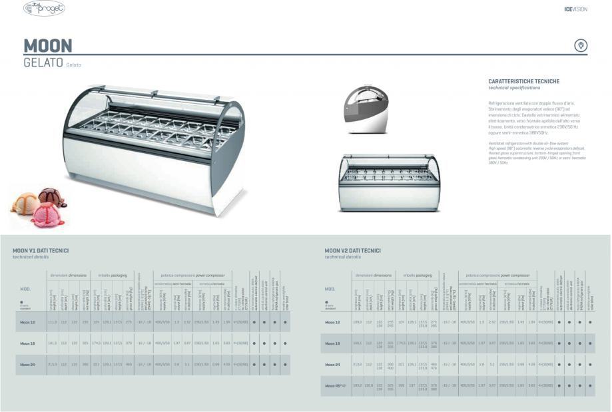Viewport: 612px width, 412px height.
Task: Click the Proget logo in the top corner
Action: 44,9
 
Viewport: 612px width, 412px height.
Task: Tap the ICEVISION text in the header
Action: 575,9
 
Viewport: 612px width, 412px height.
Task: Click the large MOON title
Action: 48,46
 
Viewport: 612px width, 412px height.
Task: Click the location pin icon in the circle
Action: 581,45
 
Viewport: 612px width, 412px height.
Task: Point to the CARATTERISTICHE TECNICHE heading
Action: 523,81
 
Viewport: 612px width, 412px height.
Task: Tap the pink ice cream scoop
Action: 48,214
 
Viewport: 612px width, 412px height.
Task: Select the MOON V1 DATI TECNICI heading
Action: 41,251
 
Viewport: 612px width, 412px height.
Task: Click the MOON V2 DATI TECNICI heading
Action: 352,251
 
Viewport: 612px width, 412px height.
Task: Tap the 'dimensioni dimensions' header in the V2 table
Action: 374,275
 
